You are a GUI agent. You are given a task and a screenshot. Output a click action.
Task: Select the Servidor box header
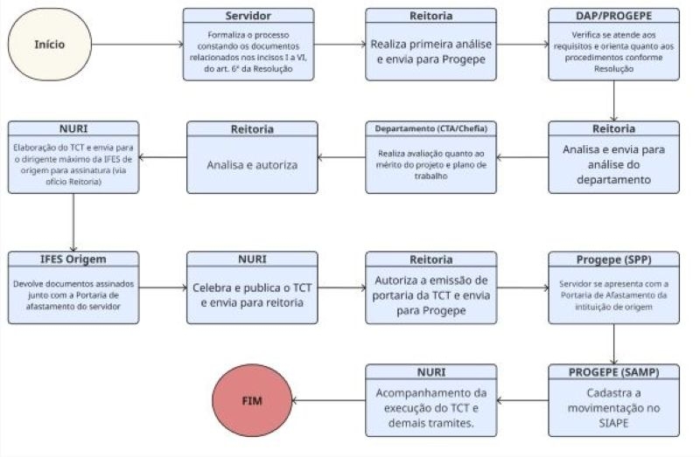coord(248,16)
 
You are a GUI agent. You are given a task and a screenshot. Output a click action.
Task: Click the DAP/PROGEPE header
coord(613,16)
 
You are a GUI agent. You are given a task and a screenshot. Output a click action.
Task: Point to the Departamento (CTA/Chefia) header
coord(430,129)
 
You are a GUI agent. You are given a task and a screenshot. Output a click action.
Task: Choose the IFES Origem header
coord(73,260)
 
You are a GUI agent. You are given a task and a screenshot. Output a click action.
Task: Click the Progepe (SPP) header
coord(613,260)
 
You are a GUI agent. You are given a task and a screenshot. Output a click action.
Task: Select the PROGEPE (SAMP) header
coord(613,372)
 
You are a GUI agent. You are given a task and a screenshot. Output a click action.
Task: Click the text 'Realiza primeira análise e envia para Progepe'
coord(430,52)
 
